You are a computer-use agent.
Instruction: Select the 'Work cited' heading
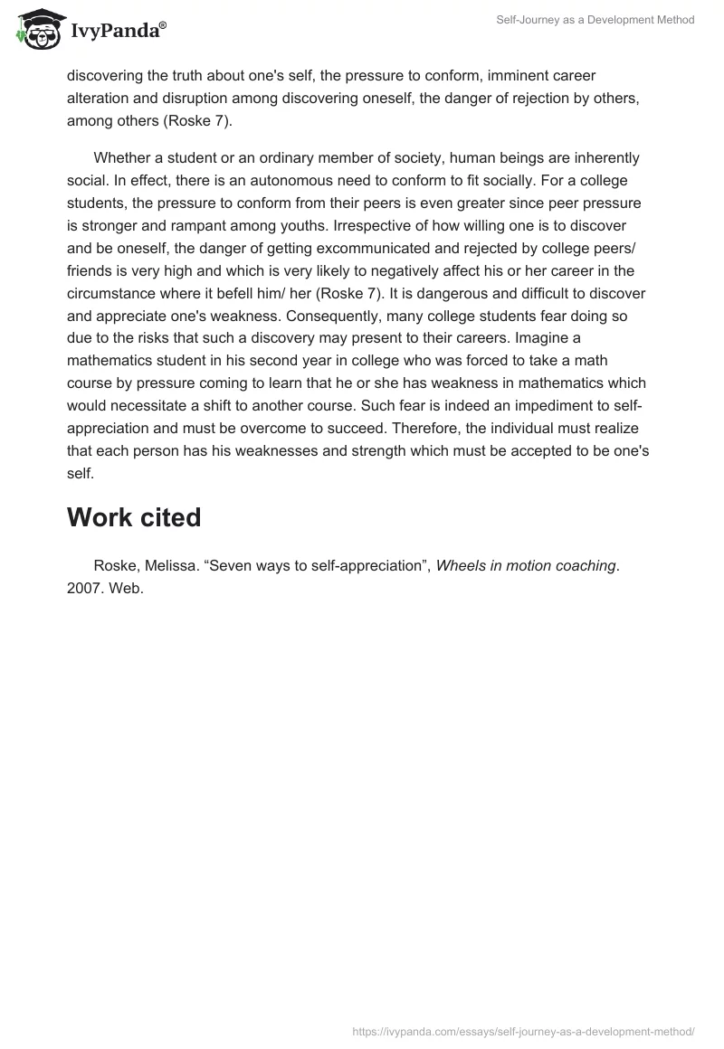click(134, 517)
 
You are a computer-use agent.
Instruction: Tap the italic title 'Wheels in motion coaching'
click(526, 566)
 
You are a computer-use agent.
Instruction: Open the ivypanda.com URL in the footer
click(524, 1030)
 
